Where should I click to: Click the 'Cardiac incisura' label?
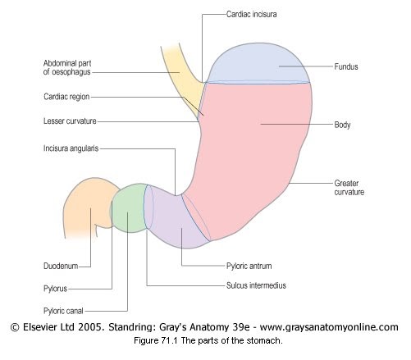tap(251, 14)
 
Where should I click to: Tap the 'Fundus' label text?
tap(346, 66)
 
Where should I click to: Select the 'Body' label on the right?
tap(342, 125)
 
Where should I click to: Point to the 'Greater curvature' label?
tap(349, 188)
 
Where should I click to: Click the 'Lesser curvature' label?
tap(70, 121)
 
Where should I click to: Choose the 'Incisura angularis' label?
tap(71, 148)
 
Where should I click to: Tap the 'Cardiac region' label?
tap(66, 97)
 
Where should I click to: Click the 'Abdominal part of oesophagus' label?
tap(67, 67)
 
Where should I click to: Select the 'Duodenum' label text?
tap(61, 266)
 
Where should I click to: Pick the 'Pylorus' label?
tap(55, 289)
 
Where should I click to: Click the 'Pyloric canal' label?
tap(63, 311)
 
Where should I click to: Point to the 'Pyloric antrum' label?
tap(249, 266)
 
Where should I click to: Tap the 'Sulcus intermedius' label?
tap(256, 285)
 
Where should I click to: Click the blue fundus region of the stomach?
tap(258, 64)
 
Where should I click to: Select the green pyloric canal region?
tap(129, 207)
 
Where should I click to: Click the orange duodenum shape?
tap(88, 205)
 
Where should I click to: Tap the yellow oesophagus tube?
tap(182, 80)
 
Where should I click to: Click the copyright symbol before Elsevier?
tap(15, 327)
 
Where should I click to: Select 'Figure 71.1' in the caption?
tap(156, 340)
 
